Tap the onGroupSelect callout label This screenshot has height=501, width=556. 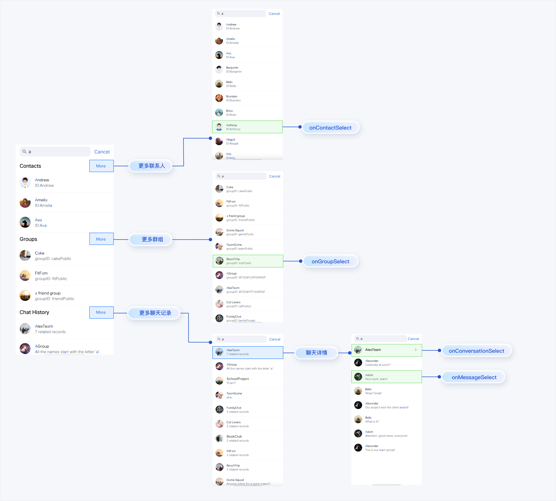click(x=330, y=261)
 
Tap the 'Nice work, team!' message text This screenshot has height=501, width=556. click(x=376, y=379)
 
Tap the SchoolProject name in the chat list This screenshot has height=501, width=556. click(x=237, y=379)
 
